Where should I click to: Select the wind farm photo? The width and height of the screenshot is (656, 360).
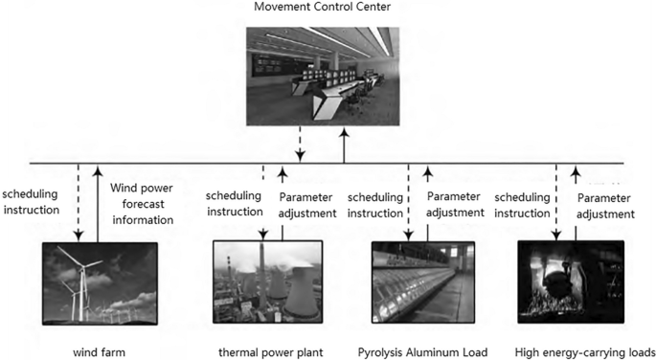point(100,283)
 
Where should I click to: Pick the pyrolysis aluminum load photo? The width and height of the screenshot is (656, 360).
point(422,283)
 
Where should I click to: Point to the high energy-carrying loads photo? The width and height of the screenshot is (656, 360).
point(570,282)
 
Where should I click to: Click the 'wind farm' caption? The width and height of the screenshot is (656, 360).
point(99,350)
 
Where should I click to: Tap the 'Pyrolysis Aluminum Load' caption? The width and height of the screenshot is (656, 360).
point(422,350)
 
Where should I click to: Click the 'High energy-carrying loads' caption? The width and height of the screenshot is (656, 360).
point(571,350)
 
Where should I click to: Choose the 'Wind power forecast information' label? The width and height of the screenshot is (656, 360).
point(143,204)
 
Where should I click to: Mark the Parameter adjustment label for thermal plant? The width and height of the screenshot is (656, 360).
point(307,204)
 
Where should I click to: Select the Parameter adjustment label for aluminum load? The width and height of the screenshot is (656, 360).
point(456,204)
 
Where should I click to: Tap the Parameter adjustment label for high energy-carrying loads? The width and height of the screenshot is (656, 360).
point(603,204)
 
